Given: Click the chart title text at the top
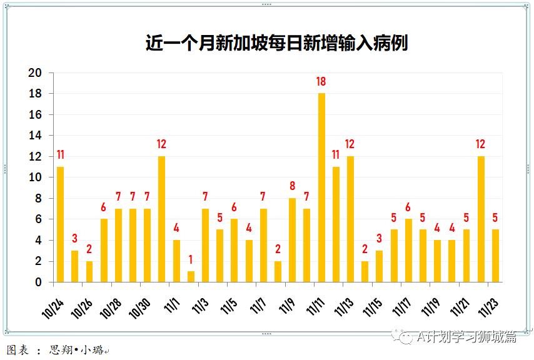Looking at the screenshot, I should click(x=276, y=43).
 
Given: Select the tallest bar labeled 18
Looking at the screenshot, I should click(x=321, y=187).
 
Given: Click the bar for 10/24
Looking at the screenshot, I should click(x=60, y=224).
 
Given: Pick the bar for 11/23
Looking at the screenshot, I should click(x=495, y=256).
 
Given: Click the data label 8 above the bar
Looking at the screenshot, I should click(x=292, y=186).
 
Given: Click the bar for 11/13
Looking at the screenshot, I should click(x=350, y=219).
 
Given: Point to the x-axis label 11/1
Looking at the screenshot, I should click(x=169, y=301).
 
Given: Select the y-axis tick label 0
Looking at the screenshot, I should click(x=38, y=282).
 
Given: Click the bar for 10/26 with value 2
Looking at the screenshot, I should click(x=89, y=271).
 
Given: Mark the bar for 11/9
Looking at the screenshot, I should click(x=292, y=240).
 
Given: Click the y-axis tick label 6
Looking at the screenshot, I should click(x=38, y=219).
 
